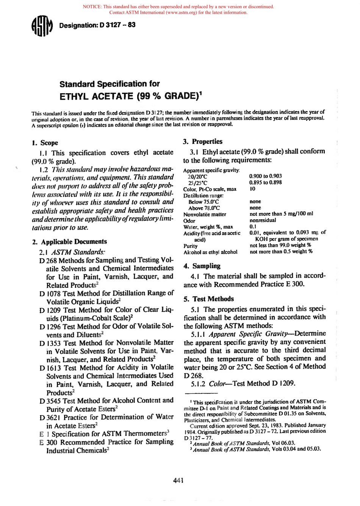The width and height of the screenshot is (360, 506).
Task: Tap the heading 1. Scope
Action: pos(45,143)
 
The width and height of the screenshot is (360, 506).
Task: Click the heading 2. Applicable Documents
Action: pos(70,242)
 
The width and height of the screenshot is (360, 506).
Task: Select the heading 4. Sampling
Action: pos(202,266)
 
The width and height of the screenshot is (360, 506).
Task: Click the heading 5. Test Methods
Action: pos(209,299)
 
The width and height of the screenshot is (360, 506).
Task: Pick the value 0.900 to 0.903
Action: pos(265,176)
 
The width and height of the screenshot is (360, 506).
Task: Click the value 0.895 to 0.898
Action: pos(265,182)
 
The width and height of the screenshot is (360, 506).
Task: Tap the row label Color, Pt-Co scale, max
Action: pos(210,189)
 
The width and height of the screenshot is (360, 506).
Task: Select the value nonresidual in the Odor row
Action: pos(263,220)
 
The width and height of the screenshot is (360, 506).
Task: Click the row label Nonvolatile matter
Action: pos(205,214)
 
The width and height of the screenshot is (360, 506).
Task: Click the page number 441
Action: pos(178,481)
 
